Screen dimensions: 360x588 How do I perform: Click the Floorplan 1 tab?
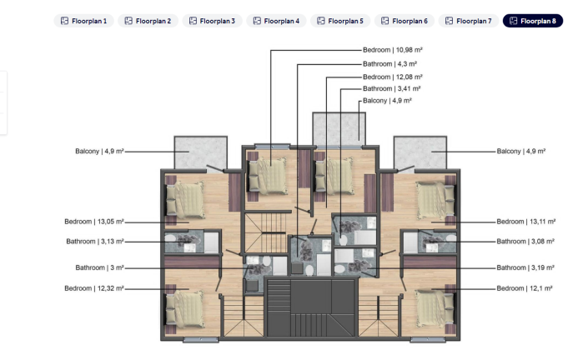point(83,21)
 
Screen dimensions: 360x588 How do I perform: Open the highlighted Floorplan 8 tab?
point(533,21)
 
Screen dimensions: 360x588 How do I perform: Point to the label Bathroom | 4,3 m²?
point(389,63)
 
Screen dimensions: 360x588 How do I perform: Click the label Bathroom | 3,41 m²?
point(391,88)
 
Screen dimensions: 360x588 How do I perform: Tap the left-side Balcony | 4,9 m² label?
point(99,152)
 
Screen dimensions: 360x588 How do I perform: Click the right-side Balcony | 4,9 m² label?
point(520,152)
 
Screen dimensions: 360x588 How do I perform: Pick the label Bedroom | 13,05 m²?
point(94,222)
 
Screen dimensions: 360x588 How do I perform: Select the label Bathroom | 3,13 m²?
point(95,242)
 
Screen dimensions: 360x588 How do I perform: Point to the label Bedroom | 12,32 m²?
point(94,288)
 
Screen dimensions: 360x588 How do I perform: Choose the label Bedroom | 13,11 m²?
point(525,222)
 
